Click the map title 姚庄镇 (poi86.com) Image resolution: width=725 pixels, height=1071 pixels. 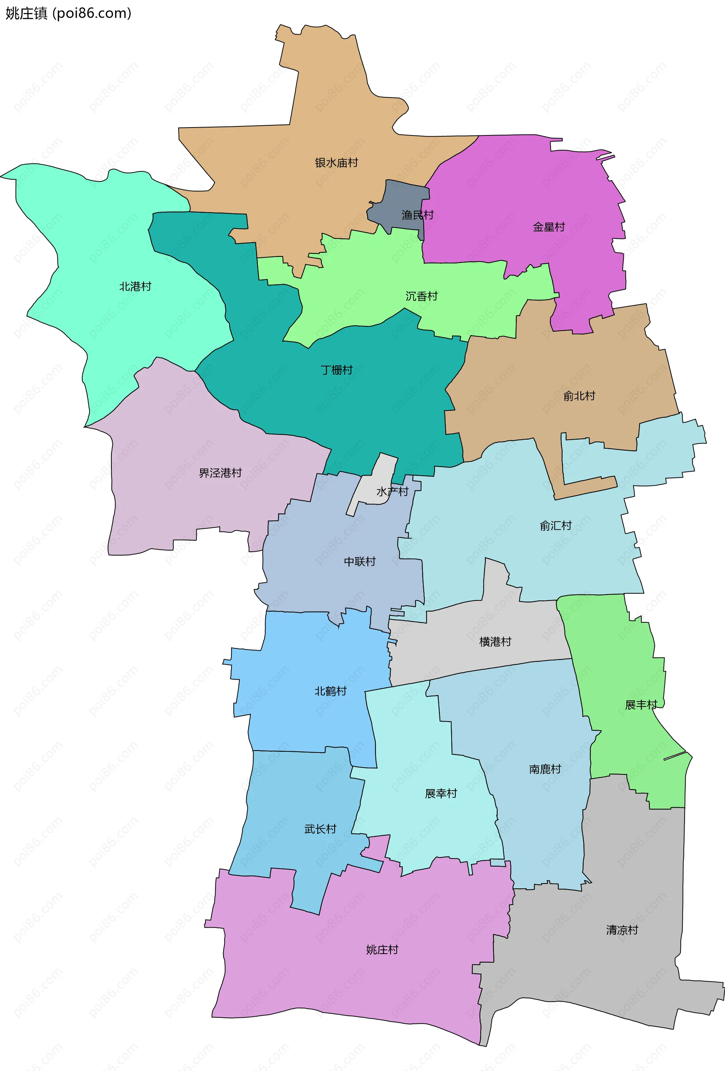pyautogui.click(x=68, y=13)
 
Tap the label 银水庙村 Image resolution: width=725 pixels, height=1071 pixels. pyautogui.click(x=336, y=163)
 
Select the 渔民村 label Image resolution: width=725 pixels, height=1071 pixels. pyautogui.click(x=417, y=215)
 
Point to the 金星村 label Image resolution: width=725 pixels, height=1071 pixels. pyautogui.click(x=548, y=227)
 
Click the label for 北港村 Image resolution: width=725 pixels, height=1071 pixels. pyautogui.click(x=135, y=287)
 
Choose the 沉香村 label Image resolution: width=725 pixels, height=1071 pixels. pyautogui.click(x=421, y=296)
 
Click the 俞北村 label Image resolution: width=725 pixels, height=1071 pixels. pyautogui.click(x=579, y=396)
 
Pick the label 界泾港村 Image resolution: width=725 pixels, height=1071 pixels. pyautogui.click(x=220, y=473)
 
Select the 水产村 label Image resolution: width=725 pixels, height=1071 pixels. pyautogui.click(x=392, y=492)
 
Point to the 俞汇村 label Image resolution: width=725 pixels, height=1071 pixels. pyautogui.click(x=555, y=526)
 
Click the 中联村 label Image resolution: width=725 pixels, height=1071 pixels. pyautogui.click(x=360, y=561)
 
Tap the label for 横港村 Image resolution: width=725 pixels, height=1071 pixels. pyautogui.click(x=495, y=642)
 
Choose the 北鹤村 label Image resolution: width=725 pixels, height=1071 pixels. pyautogui.click(x=330, y=691)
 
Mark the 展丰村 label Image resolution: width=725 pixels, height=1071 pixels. pyautogui.click(x=640, y=705)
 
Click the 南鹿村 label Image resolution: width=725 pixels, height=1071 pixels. pyautogui.click(x=545, y=769)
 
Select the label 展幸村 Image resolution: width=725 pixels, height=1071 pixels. pyautogui.click(x=440, y=794)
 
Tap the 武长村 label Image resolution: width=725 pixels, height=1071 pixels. pyautogui.click(x=320, y=829)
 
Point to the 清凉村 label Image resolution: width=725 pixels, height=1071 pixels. pyautogui.click(x=622, y=930)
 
